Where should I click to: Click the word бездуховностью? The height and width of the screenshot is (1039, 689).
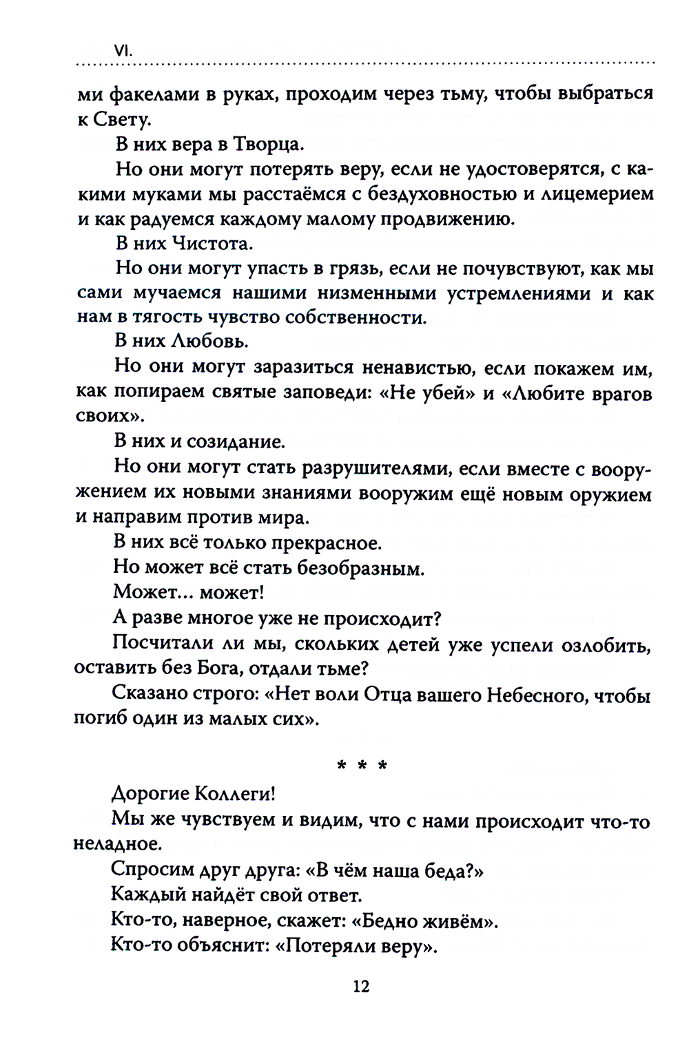440,193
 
